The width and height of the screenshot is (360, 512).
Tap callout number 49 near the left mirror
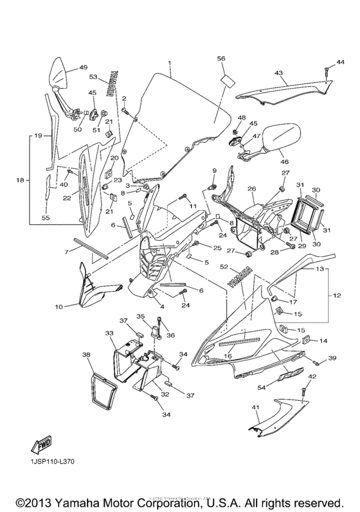click(x=83, y=67)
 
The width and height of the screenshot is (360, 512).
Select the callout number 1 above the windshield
click(x=170, y=64)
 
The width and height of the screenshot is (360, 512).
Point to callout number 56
click(x=221, y=58)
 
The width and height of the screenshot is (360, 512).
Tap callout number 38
click(x=86, y=354)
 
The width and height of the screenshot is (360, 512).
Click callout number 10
click(x=59, y=306)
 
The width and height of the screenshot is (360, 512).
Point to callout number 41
click(x=255, y=408)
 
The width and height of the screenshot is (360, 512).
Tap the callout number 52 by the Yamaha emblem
click(x=223, y=266)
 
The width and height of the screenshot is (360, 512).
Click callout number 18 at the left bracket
click(x=19, y=181)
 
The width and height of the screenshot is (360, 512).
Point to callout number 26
click(x=252, y=189)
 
